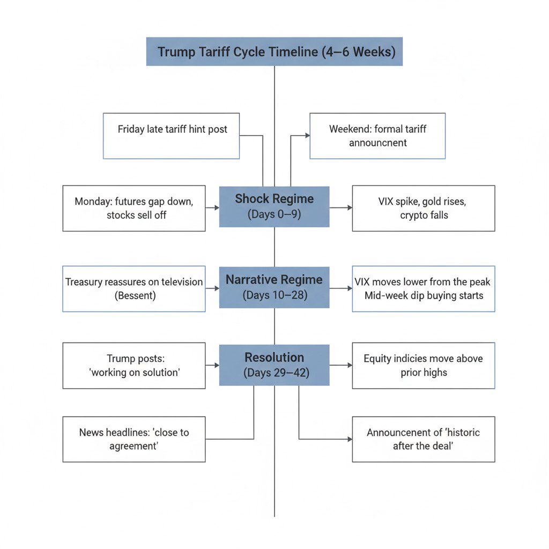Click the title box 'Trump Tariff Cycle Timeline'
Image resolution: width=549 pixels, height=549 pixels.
(274, 51)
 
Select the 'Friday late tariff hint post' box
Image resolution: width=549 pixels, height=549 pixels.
(172, 136)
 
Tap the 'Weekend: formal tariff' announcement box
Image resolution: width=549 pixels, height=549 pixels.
(377, 136)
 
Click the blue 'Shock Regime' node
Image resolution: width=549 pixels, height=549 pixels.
(274, 206)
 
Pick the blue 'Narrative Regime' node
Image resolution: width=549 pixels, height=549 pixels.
(274, 287)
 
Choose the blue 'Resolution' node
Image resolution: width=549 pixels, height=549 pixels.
(274, 365)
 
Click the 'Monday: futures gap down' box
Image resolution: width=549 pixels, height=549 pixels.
(134, 208)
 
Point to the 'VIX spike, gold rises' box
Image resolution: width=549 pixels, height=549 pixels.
(424, 208)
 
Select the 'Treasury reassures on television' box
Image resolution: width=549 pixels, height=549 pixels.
(134, 288)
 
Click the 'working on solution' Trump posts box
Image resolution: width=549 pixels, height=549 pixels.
(134, 365)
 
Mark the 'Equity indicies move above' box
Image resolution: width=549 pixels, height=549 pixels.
(424, 365)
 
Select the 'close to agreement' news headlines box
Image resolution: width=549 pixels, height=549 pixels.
(134, 439)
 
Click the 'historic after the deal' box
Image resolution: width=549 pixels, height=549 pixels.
(424, 439)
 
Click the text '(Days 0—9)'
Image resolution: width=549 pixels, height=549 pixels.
(274, 214)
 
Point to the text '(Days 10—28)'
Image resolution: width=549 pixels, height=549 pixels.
(274, 295)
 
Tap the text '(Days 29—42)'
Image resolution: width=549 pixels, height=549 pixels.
(274, 372)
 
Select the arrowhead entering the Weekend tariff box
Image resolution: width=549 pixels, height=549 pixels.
(307, 136)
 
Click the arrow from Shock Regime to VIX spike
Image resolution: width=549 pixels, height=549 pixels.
(341, 207)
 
